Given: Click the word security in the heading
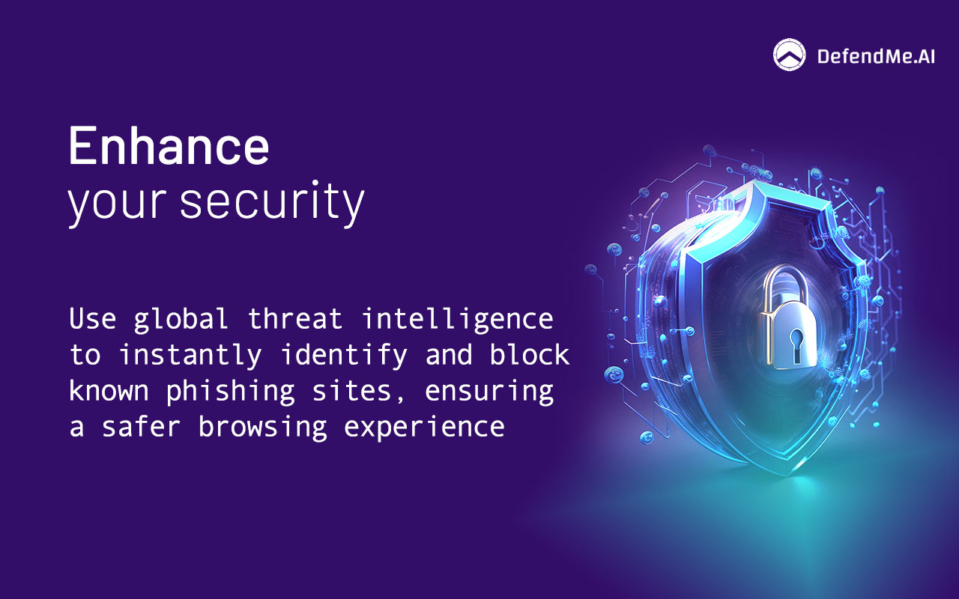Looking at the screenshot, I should pos(272,201).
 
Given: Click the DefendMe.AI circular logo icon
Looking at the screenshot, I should pos(790,55).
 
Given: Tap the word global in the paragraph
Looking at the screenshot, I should pos(181,319).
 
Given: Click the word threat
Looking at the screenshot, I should pos(295,319).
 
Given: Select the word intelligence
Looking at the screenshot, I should pos(458,320).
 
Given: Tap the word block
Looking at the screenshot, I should pos(530,355).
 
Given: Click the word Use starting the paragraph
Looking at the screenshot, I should pos(93,319).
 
